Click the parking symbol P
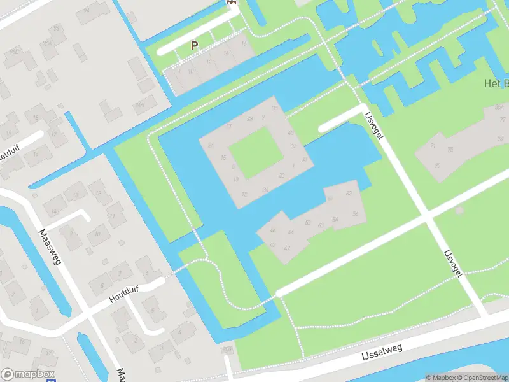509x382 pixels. click(x=195, y=46)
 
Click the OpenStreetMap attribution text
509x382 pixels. click(x=480, y=378)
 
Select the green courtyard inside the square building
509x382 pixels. click(x=254, y=153)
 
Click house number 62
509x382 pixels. click(x=348, y=193)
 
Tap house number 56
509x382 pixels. click(x=356, y=214)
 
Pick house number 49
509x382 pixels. click(x=287, y=247)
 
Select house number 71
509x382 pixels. click(x=433, y=146)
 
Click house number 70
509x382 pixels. click(x=437, y=166)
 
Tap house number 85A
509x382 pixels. click(x=498, y=107)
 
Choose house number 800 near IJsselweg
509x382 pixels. click(x=226, y=350)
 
